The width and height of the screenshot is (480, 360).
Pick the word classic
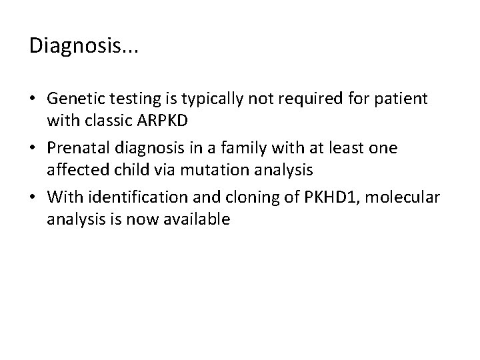click(x=101, y=122)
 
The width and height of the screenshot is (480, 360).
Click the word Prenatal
click(x=77, y=147)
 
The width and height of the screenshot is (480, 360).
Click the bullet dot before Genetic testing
click(x=33, y=100)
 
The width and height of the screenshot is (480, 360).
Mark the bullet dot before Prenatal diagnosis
click(x=33, y=148)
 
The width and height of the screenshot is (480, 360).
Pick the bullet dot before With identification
click(x=33, y=195)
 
